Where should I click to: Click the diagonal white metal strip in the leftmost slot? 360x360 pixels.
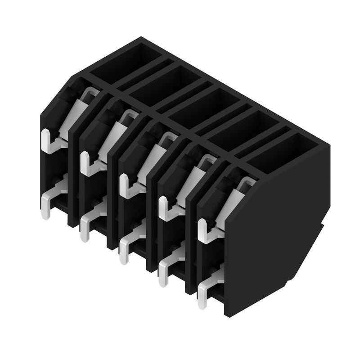[76, 112]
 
